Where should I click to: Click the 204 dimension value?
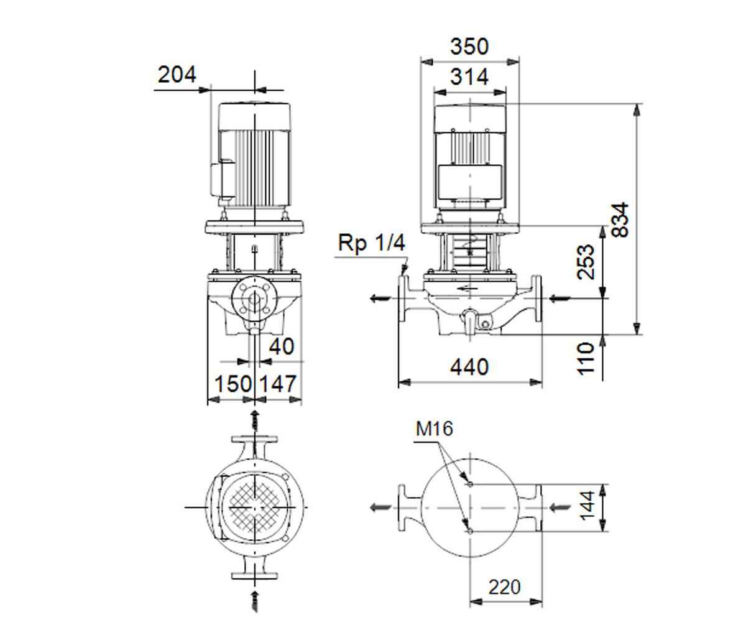pyautogui.click(x=177, y=75)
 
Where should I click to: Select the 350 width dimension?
pyautogui.click(x=469, y=47)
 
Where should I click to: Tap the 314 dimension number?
pyautogui.click(x=469, y=77)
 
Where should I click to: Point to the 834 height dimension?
pyautogui.click(x=620, y=219)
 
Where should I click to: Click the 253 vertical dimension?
pyautogui.click(x=586, y=262)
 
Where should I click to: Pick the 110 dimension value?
pyautogui.click(x=586, y=358)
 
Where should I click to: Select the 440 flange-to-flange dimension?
pyautogui.click(x=469, y=367)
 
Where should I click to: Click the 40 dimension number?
pyautogui.click(x=282, y=346)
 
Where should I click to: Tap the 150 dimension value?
pyautogui.click(x=233, y=384)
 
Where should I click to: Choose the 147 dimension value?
pyautogui.click(x=278, y=384)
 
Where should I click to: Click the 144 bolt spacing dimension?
pyautogui.click(x=587, y=506)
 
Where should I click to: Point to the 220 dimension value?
pyautogui.click(x=504, y=587)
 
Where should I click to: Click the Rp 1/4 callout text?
pyautogui.click(x=372, y=243)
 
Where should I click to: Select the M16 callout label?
pyautogui.click(x=434, y=429)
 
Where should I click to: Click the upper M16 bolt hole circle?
pyautogui.click(x=470, y=485)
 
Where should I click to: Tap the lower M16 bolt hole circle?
pyautogui.click(x=470, y=531)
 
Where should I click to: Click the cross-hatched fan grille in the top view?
pyautogui.click(x=254, y=507)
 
